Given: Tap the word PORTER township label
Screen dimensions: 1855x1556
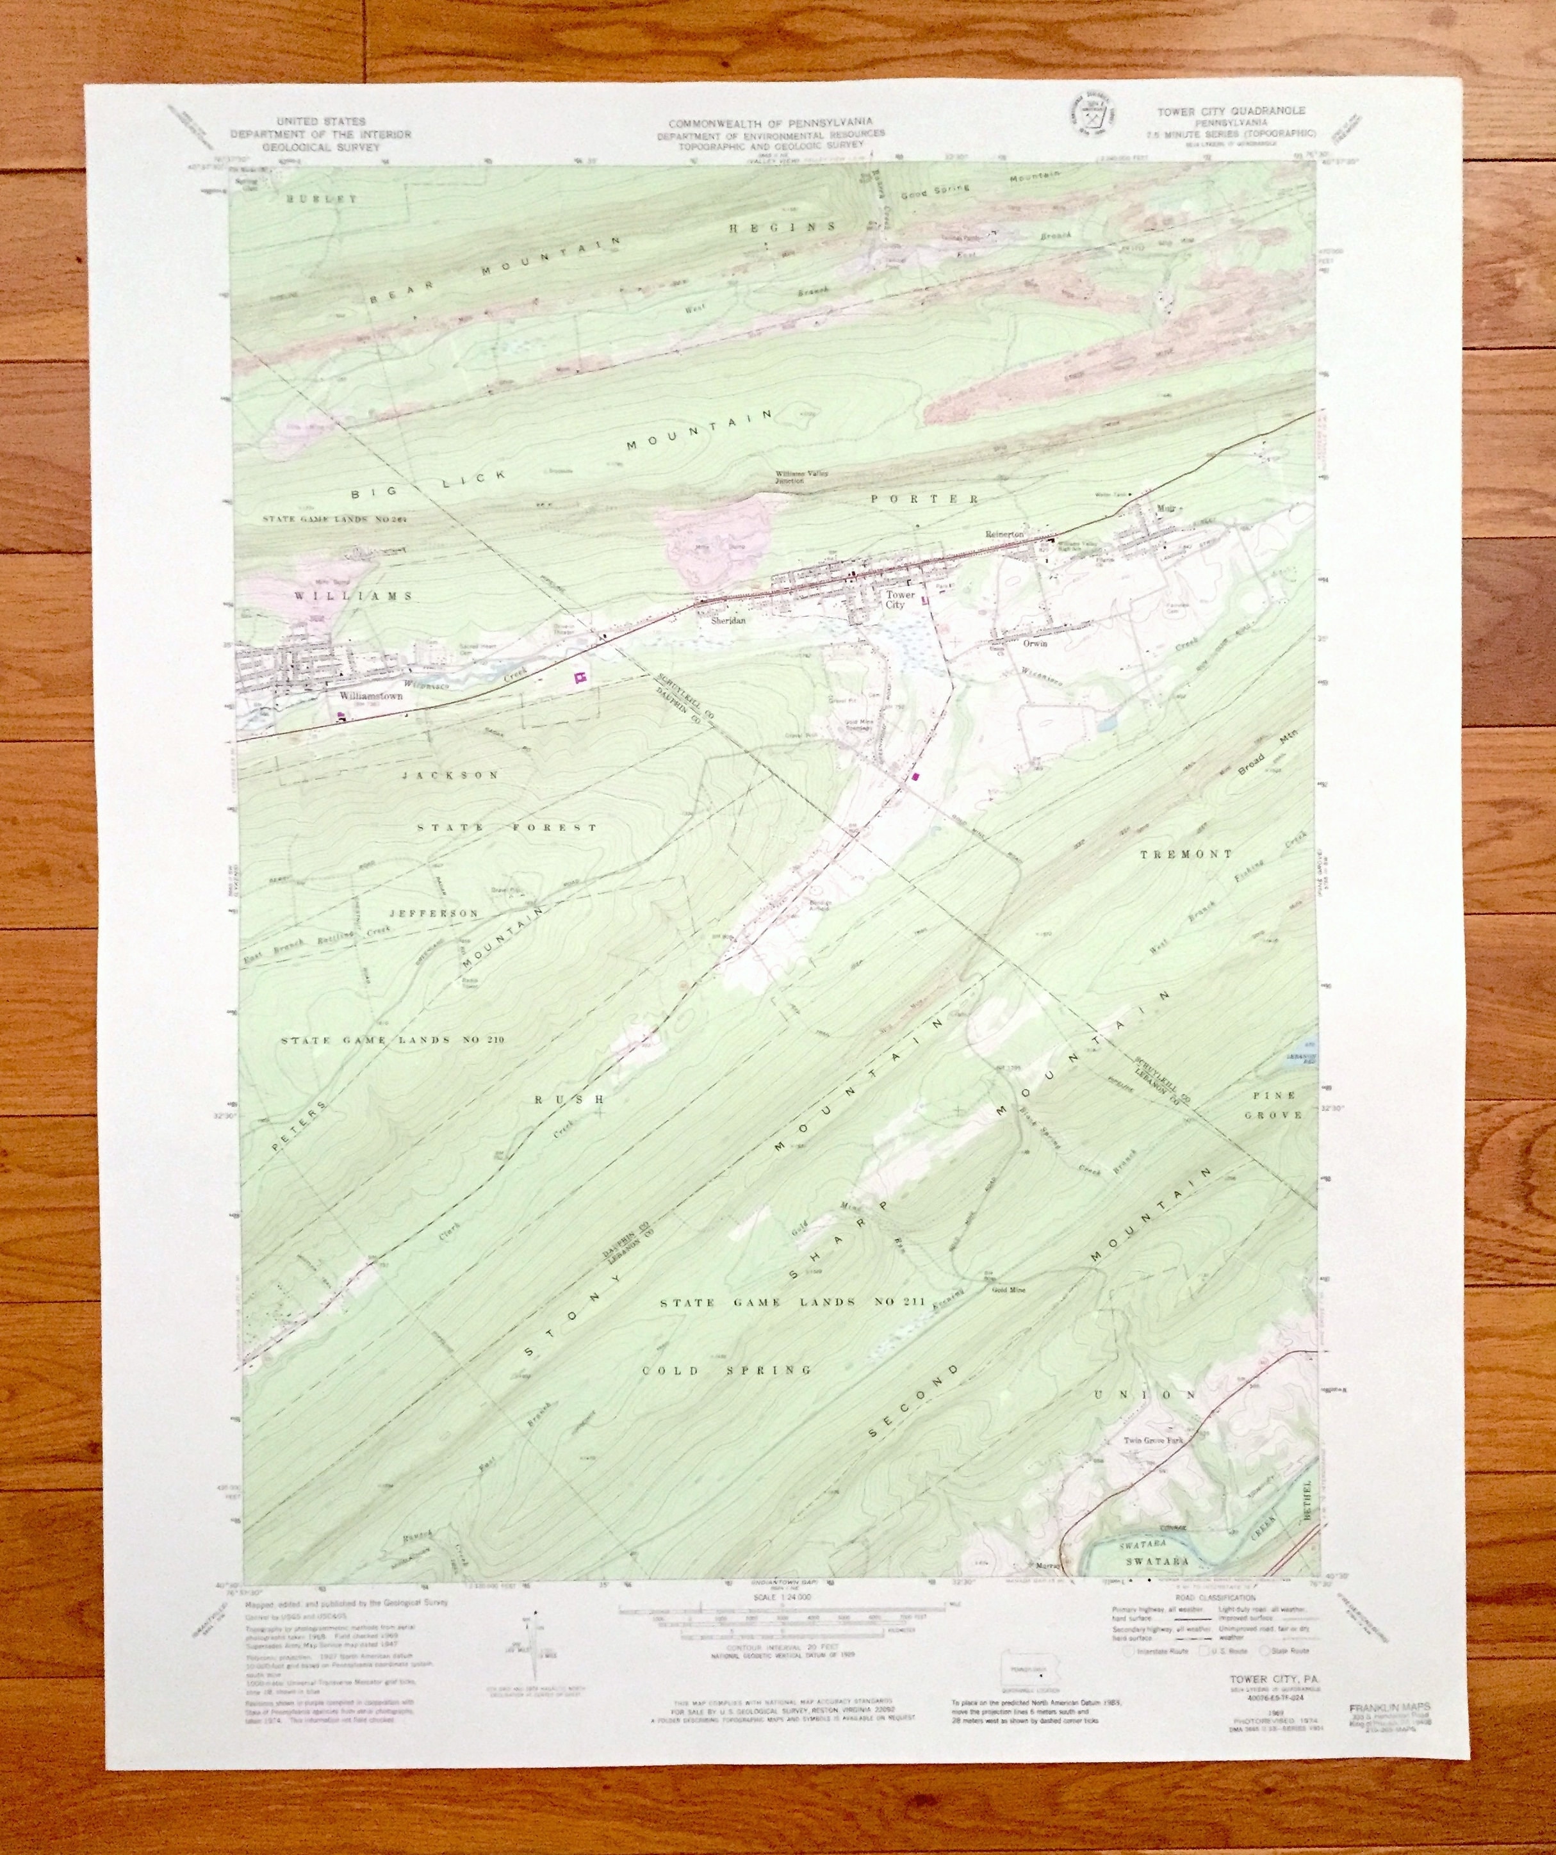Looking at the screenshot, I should coord(924,499).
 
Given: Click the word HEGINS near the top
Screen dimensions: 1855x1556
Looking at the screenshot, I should coord(782,227).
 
